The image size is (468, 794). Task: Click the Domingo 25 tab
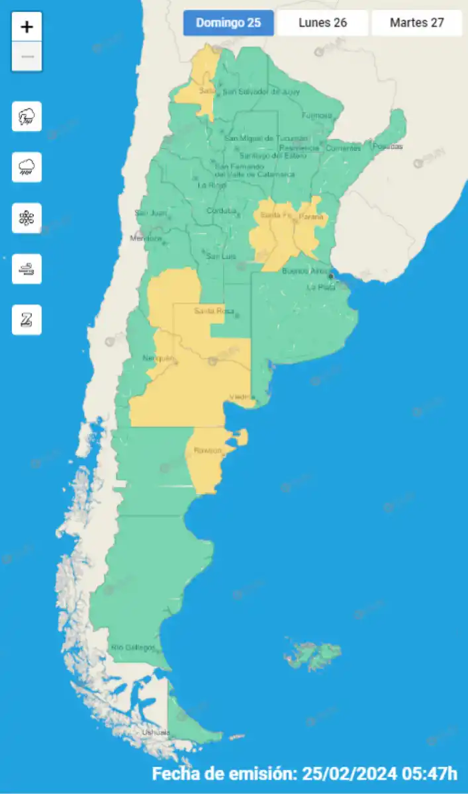[228, 23]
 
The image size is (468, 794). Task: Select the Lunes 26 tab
[322, 23]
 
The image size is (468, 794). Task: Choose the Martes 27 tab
[416, 23]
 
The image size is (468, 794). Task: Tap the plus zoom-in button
[27, 27]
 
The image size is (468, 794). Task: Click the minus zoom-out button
[27, 57]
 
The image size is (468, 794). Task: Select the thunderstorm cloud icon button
[27, 116]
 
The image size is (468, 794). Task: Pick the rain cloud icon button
[27, 167]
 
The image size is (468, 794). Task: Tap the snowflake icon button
[27, 218]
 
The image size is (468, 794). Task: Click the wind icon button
[27, 269]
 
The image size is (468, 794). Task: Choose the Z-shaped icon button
[27, 320]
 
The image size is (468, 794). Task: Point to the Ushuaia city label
[156, 732]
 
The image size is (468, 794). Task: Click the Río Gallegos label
[133, 647]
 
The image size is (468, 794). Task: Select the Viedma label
[242, 397]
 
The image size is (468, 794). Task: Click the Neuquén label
[159, 359]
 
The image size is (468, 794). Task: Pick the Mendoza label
[146, 238]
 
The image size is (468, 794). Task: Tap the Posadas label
[388, 146]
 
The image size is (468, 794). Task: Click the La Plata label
[318, 287]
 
